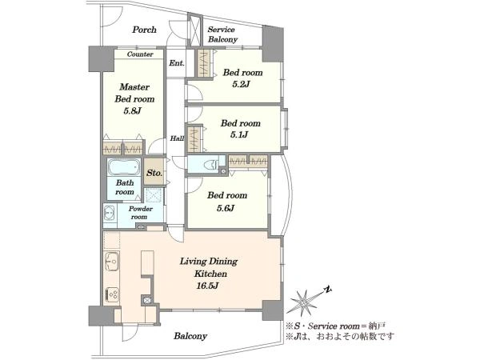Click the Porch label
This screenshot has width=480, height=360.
click(144, 30)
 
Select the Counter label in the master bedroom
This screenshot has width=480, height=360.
click(139, 54)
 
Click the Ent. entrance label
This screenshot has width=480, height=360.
click(176, 62)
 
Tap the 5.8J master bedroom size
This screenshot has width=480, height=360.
click(131, 110)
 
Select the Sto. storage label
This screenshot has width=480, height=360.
click(154, 172)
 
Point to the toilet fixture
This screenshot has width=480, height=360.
click(211, 165)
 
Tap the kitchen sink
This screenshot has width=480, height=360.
click(111, 261)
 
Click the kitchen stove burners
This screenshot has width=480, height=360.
click(111, 294)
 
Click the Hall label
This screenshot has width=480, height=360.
click(176, 138)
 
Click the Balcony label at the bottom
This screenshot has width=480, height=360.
click(190, 336)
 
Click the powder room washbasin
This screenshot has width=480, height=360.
click(110, 214)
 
